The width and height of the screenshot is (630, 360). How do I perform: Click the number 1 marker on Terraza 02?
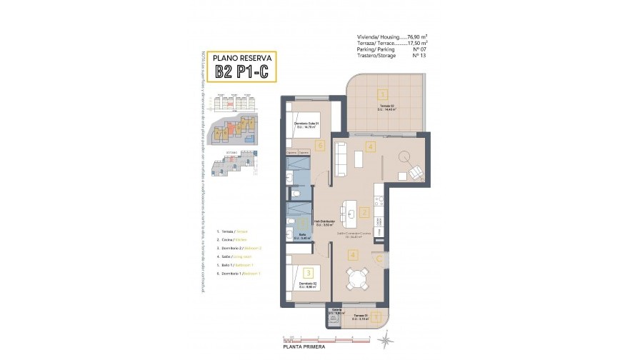click(383, 94)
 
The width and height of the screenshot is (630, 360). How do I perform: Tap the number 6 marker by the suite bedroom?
click(320, 146)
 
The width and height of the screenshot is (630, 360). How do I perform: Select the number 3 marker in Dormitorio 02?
click(307, 271)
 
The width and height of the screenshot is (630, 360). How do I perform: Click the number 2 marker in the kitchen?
click(364, 212)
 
